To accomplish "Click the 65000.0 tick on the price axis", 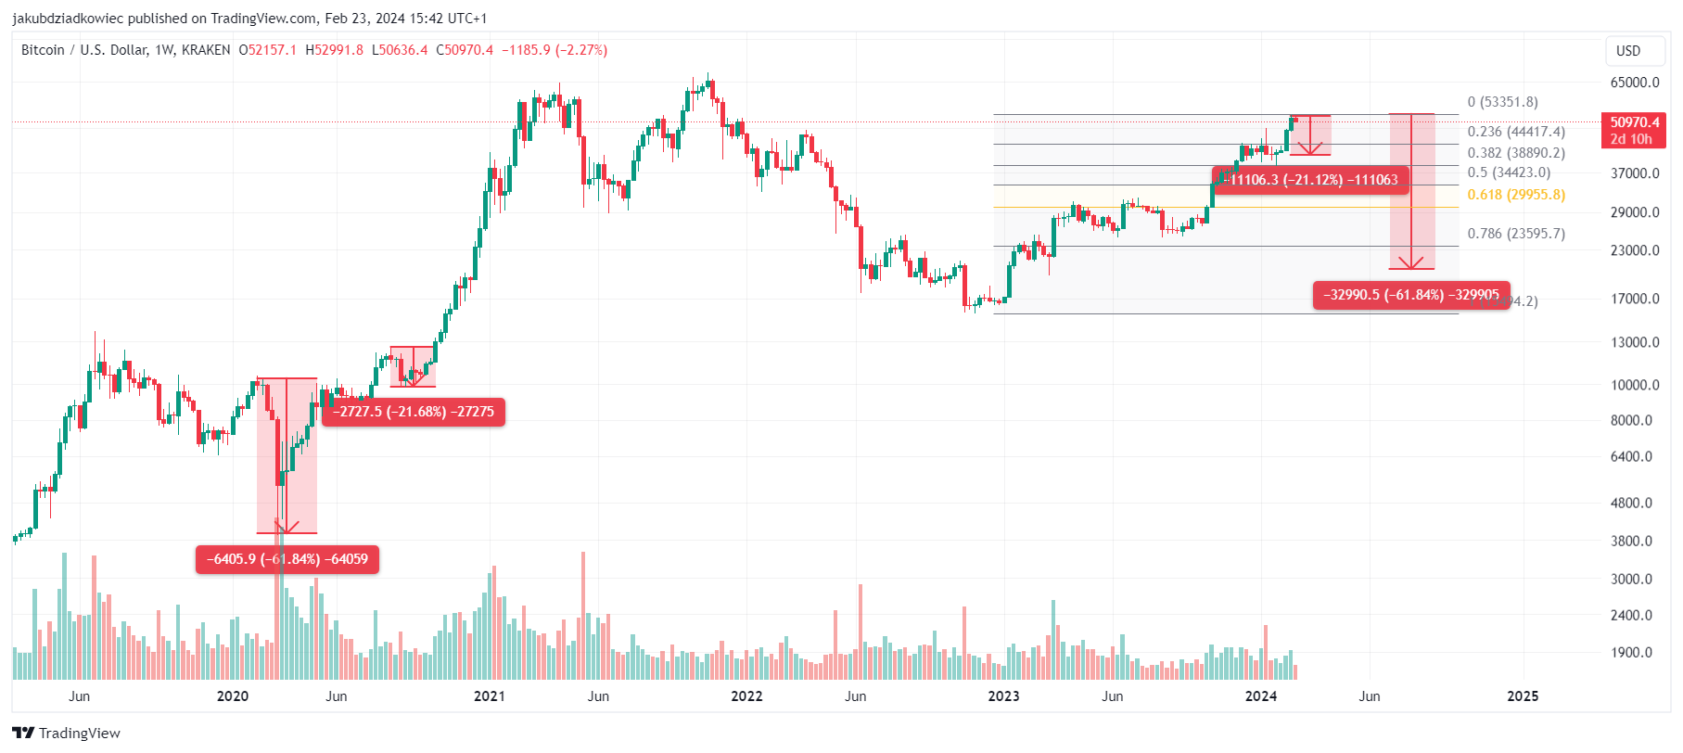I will [x=1634, y=83].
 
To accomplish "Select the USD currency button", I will [x=1627, y=51].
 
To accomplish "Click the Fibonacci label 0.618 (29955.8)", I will [x=1515, y=195].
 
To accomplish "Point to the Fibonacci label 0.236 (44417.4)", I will [x=1515, y=132].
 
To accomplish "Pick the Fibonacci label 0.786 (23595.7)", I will [x=1515, y=234].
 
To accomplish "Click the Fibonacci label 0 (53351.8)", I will [x=1502, y=102].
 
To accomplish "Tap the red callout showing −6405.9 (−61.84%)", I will [x=287, y=559].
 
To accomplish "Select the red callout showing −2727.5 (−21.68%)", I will [x=414, y=412].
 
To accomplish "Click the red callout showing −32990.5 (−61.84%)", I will [x=1410, y=295].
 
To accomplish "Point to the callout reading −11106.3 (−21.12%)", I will [x=1310, y=180].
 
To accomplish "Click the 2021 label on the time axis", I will [x=489, y=696].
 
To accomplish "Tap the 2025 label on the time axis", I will [x=1522, y=696].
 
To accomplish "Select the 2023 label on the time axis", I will [x=1003, y=696].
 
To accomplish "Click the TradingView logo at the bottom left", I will [x=67, y=733].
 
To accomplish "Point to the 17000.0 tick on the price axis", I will [x=1634, y=299].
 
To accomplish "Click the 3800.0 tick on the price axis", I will [x=1634, y=541].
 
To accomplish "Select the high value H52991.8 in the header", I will [x=334, y=50].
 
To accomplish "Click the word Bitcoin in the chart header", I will [x=43, y=50].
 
